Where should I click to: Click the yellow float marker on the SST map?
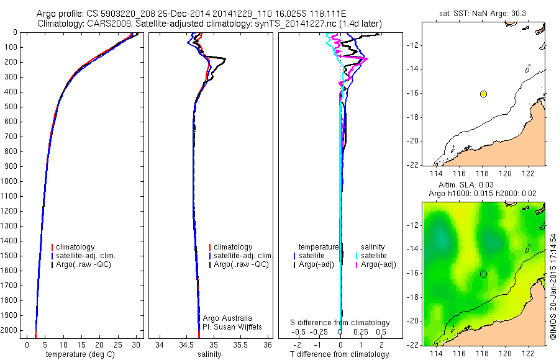pyautogui.click(x=483, y=94)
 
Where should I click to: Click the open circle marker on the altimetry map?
pyautogui.click(x=483, y=274)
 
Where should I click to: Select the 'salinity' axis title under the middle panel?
pyautogui.click(x=209, y=354)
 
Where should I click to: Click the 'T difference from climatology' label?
pyautogui.click(x=340, y=354)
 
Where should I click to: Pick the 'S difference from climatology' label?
pyautogui.click(x=340, y=323)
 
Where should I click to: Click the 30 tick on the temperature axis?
pyautogui.click(x=136, y=344)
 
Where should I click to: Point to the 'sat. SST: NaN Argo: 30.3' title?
pyautogui.click(x=482, y=12)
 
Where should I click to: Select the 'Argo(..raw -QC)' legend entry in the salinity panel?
pyautogui.click(x=241, y=264)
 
